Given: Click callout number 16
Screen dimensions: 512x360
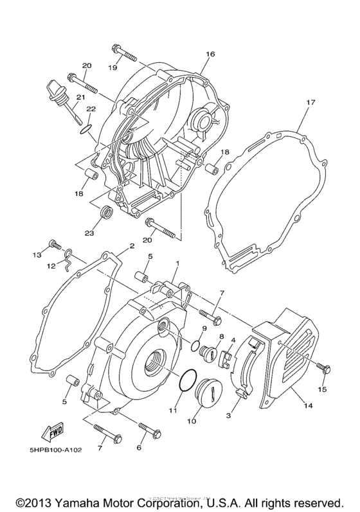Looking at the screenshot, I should click(x=210, y=55).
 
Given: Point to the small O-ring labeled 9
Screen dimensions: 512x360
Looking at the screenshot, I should click(x=195, y=347).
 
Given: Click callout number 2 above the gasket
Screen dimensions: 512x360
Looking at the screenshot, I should click(x=131, y=245).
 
